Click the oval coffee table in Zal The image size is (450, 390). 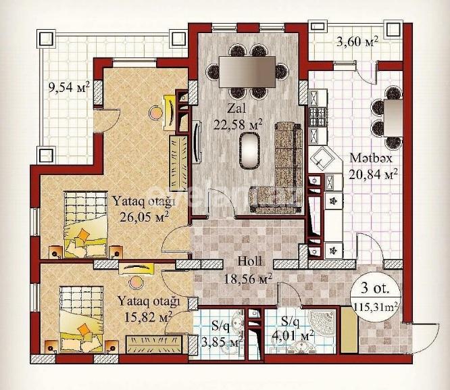click(251, 149)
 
